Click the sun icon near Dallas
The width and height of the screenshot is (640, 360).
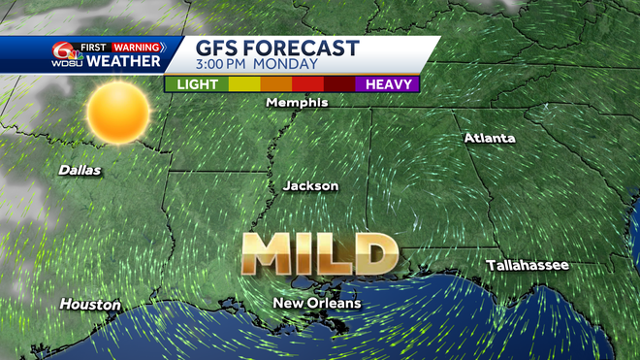117,114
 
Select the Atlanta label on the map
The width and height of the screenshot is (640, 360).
489,138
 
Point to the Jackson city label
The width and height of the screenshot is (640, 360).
310,185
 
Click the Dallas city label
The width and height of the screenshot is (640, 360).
80,170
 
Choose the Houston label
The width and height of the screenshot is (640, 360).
90,305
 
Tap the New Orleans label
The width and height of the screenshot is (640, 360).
316,304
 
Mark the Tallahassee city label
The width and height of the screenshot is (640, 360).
528,265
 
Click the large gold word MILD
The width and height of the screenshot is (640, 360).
320,254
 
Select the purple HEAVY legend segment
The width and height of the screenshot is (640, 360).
384,84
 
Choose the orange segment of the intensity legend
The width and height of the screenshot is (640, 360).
276,84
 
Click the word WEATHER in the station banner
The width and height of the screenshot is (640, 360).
123,61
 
